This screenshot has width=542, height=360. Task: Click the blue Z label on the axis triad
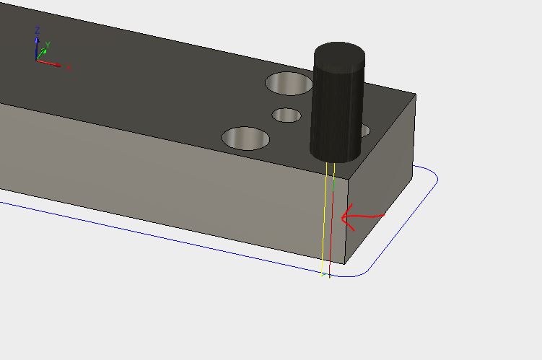[38, 30]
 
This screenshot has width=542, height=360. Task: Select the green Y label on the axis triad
[48, 45]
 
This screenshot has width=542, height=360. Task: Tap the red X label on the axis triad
[69, 68]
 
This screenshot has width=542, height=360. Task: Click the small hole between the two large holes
[287, 115]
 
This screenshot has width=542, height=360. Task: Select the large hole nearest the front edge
[245, 138]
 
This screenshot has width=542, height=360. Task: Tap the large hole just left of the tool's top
[289, 84]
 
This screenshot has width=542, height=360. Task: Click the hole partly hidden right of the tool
[364, 131]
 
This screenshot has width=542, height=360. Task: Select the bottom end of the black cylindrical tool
[335, 154]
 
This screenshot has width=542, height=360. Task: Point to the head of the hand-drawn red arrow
[343, 216]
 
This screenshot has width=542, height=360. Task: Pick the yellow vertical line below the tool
[324, 224]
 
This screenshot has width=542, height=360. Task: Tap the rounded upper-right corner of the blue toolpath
[431, 175]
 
